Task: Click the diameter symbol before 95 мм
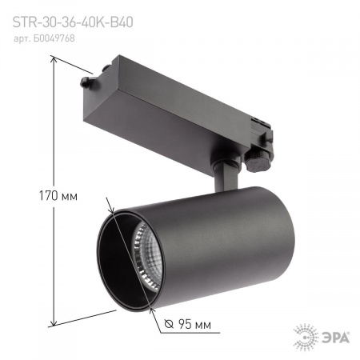click(x=168, y=324)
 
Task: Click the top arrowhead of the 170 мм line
click(x=54, y=66)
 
